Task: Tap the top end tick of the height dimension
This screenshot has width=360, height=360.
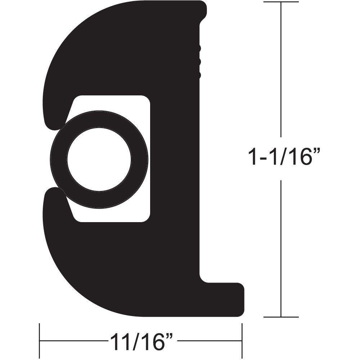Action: pyautogui.click(x=281, y=2)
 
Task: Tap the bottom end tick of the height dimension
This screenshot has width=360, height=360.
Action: pyautogui.click(x=281, y=317)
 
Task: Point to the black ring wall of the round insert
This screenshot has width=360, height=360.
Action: pyautogui.click(x=58, y=159)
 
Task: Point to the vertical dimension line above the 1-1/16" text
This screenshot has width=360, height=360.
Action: pyautogui.click(x=281, y=72)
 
